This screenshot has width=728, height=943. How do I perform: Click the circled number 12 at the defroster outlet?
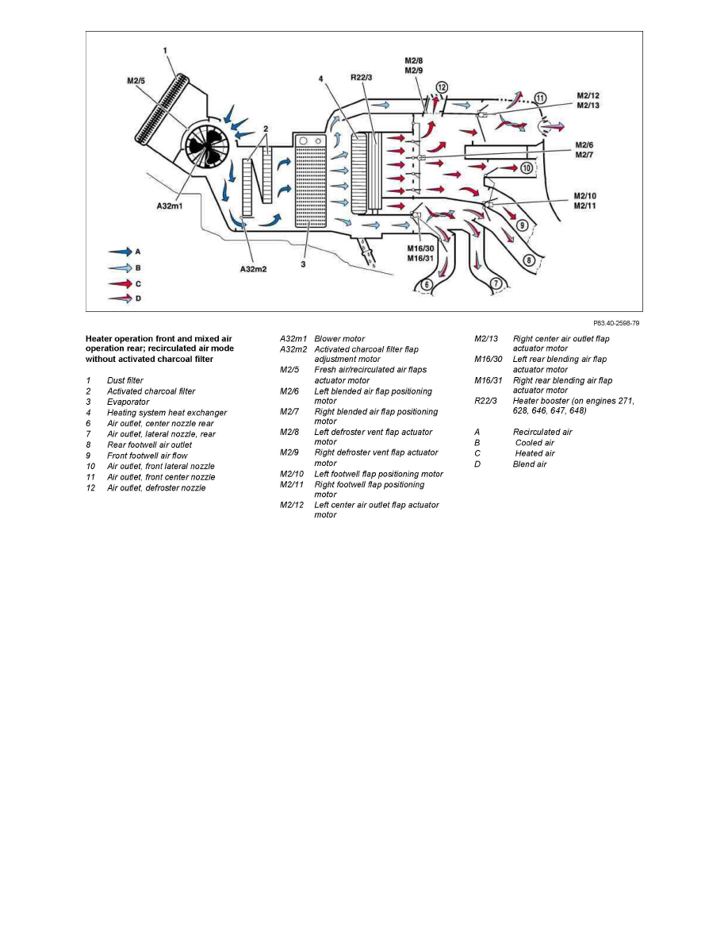point(442,87)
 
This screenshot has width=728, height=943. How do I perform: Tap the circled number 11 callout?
point(541,98)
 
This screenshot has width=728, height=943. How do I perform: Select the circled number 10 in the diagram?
point(526,167)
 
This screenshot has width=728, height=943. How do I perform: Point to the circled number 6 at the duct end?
point(427,284)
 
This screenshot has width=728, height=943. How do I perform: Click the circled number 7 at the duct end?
point(496,283)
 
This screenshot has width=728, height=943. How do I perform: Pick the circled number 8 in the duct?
point(529,260)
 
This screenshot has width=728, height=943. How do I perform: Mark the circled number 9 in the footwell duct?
point(521,225)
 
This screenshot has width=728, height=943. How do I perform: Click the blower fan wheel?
point(206,148)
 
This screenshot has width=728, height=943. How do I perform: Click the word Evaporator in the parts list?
point(128,402)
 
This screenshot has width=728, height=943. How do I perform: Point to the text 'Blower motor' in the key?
point(339,339)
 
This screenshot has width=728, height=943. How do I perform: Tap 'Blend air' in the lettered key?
point(530,464)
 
